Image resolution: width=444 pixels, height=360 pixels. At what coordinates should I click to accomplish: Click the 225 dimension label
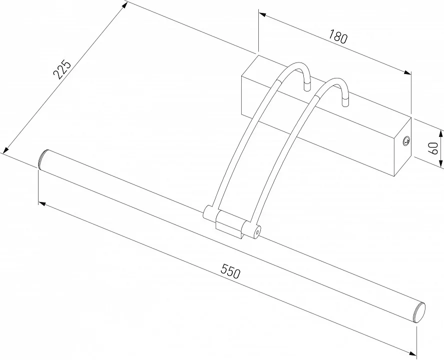point(62,69)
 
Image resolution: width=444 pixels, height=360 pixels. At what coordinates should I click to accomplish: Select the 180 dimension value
point(338,37)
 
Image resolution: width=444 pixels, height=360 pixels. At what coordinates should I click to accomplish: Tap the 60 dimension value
point(433,148)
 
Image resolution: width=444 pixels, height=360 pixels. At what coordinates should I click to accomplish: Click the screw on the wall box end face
point(406,140)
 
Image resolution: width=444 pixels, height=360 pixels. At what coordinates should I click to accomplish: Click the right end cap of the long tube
point(420,312)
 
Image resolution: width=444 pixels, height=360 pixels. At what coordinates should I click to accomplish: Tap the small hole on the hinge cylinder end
point(257,231)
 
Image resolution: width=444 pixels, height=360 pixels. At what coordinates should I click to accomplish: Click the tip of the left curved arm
point(307,87)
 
